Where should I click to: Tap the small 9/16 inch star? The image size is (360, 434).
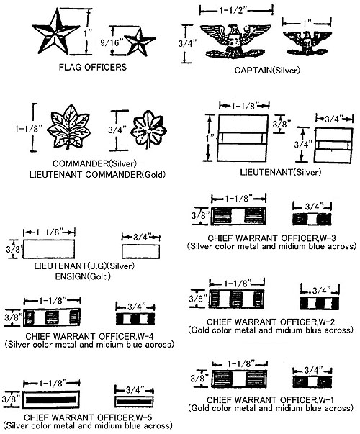tap(139, 42)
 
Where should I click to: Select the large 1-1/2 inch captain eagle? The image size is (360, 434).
tap(235, 41)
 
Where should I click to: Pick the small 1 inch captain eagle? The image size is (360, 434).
tap(307, 42)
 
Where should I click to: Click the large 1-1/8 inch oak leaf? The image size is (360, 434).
tap(68, 127)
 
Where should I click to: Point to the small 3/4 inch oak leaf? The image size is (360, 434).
tap(148, 130)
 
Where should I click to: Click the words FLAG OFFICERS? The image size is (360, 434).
tap(93, 67)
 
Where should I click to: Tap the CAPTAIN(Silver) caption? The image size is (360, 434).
tap(267, 71)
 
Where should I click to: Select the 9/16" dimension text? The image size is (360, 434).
tap(112, 42)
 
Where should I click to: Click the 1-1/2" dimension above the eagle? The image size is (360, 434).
tap(233, 11)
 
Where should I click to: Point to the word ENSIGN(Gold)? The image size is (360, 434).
tap(83, 276)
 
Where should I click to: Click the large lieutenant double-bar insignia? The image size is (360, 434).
tap(243, 138)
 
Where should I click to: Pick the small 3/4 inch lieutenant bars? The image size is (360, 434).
tap(333, 145)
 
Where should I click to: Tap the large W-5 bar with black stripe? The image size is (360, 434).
tap(51, 399)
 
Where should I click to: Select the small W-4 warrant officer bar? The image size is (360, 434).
tap(135, 319)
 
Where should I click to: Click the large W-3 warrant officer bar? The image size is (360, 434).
tap(238, 216)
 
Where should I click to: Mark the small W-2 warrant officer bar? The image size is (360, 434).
tap(319, 303)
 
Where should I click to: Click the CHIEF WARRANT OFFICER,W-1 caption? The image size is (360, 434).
tap(271, 399)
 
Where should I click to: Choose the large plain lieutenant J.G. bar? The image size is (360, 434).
tap(48, 249)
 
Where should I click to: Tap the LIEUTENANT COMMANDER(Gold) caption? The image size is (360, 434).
tap(97, 175)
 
